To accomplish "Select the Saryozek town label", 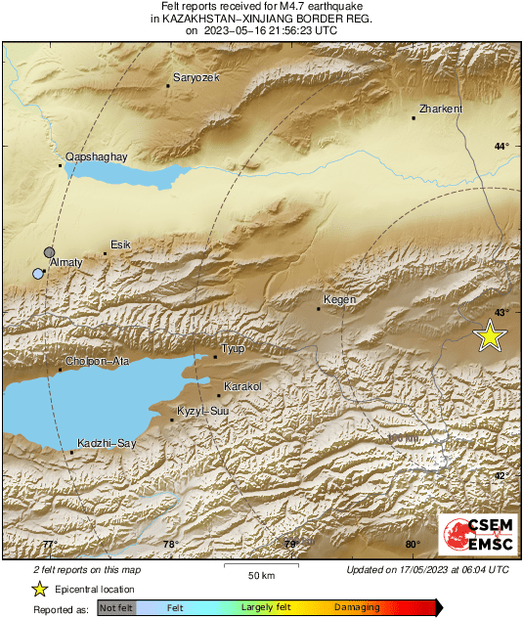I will click(196, 77).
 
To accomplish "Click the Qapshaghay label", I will click(96, 156).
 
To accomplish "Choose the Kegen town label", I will click(339, 299).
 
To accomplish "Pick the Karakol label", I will click(242, 387).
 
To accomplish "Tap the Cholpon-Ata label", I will click(96, 362).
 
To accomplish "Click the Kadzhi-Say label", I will click(106, 443).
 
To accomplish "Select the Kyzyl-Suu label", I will click(202, 412).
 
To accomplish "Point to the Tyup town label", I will click(233, 348).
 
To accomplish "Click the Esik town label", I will click(120, 244).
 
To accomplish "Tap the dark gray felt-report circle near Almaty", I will click(50, 252).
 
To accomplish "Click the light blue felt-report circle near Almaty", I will click(38, 274).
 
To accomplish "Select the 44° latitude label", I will click(501, 147).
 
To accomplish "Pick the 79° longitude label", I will click(290, 545).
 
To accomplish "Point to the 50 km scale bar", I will click(259, 566).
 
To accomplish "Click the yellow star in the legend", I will click(39, 589).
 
